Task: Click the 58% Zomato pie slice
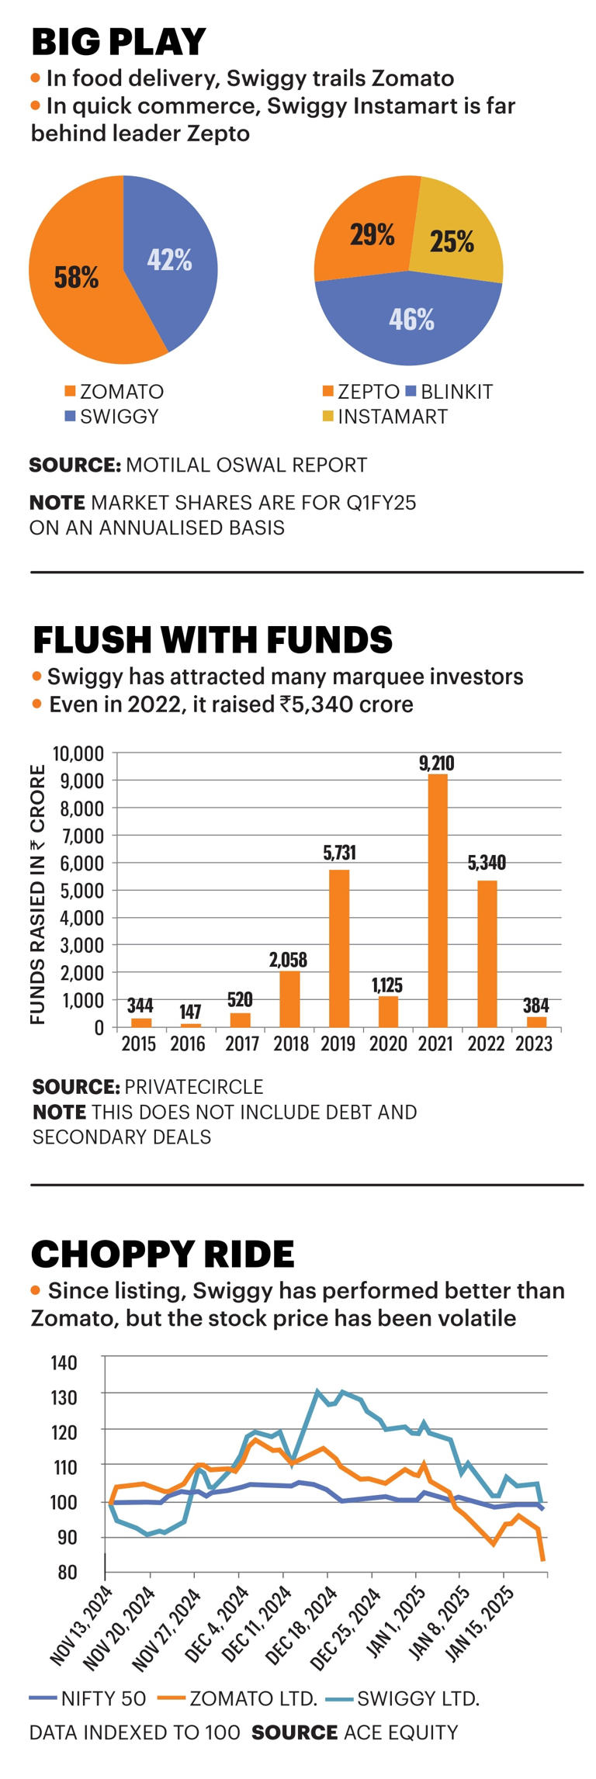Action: (74, 279)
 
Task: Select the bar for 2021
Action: (438, 900)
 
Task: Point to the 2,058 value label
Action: (288, 960)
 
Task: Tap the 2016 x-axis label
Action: (188, 1044)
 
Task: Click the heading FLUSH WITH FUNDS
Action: (212, 640)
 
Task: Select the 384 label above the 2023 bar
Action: (535, 1005)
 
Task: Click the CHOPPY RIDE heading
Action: (162, 1255)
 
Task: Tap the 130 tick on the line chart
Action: (64, 1397)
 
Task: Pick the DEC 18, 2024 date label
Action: (303, 1628)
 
